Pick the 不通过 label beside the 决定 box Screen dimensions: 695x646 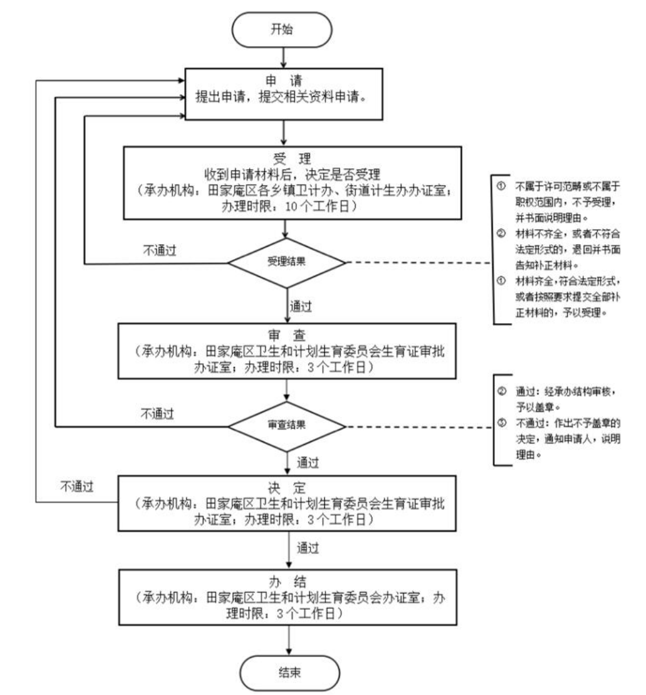point(77,486)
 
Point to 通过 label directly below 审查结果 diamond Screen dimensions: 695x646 point(308,463)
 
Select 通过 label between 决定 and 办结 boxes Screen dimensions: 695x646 point(308,548)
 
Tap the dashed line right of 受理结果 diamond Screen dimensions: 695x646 point(417,262)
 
